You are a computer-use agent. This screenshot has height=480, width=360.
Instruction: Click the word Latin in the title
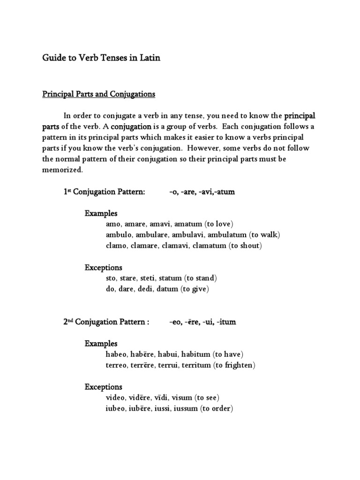149,59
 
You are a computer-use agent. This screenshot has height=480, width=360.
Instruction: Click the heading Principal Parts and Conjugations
98,94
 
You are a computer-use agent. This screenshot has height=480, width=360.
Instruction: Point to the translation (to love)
219,224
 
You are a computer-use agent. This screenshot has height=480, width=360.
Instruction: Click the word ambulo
118,235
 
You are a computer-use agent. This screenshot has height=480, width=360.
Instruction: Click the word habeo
118,354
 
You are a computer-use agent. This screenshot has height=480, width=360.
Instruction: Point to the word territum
194,365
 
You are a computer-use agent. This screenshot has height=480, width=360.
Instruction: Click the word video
117,397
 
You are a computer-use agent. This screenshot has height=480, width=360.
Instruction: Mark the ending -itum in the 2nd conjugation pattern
226,322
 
